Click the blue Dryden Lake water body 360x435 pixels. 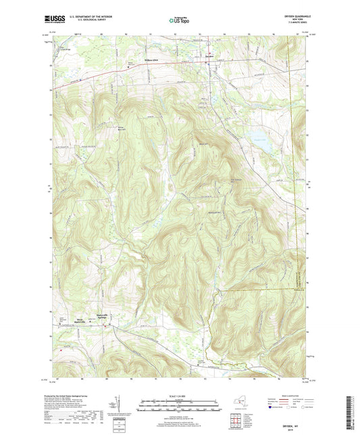pos(262,145)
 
